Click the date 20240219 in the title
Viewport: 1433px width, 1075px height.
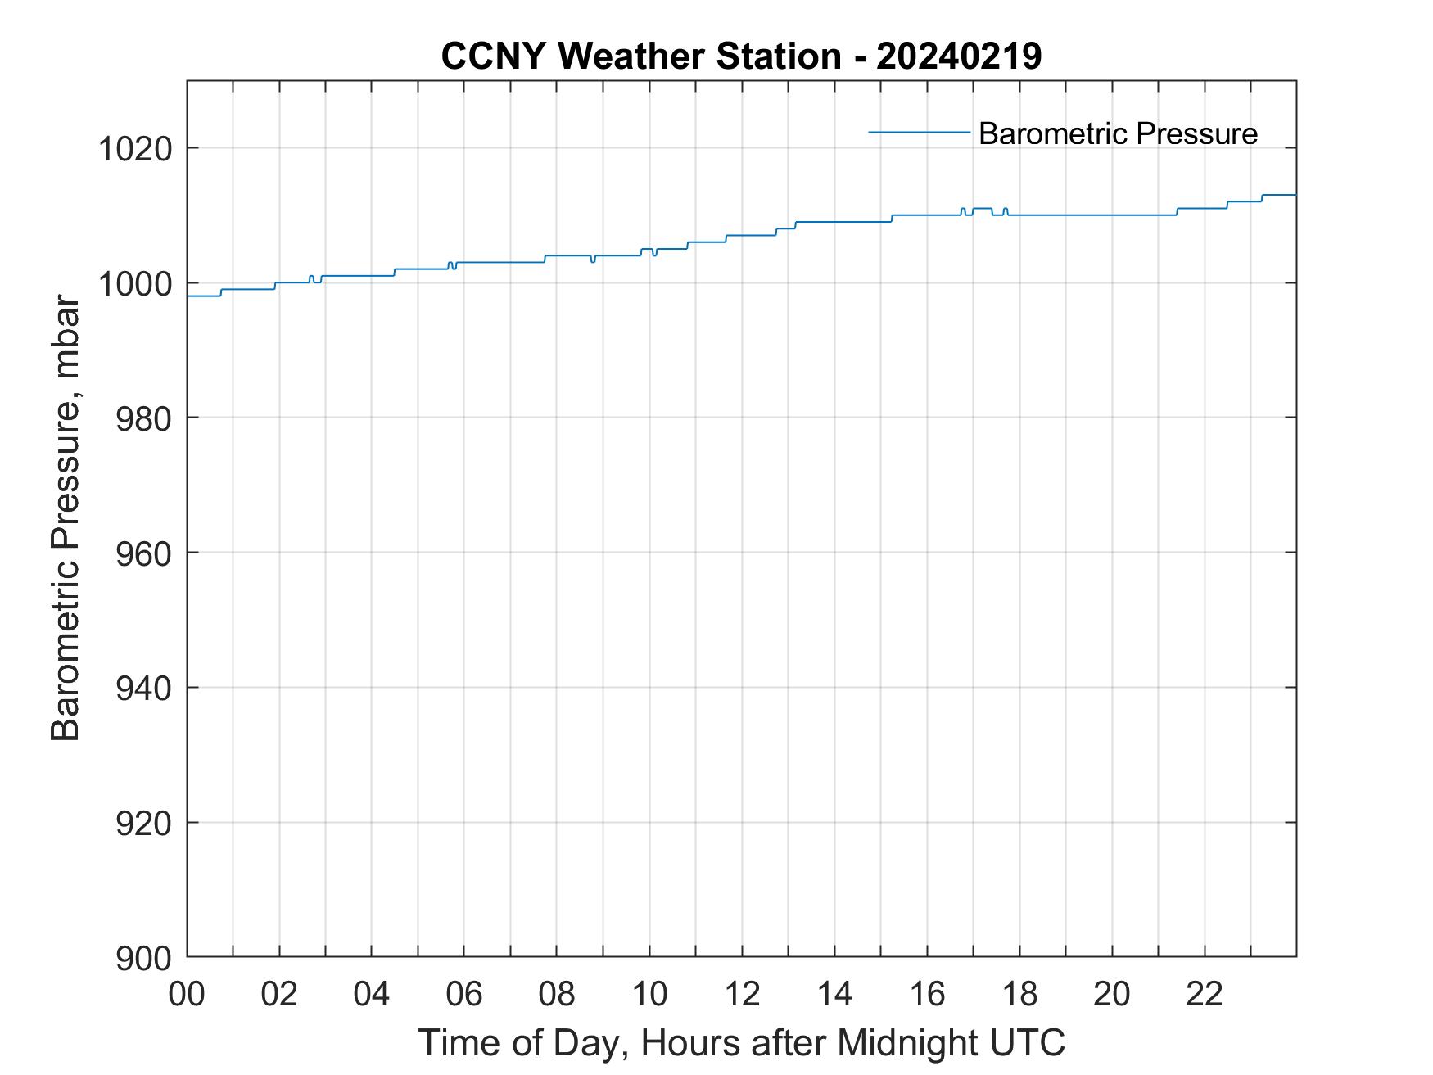pos(959,56)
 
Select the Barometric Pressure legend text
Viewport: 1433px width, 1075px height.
pos(1118,133)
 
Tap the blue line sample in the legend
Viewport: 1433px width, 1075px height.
pos(919,132)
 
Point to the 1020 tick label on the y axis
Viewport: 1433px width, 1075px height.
pos(135,149)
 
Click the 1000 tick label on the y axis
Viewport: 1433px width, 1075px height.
pos(135,284)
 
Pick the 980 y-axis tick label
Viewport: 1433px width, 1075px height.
pos(143,418)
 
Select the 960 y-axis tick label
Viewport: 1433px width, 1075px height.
pos(143,553)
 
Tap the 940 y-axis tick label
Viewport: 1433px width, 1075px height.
pos(143,688)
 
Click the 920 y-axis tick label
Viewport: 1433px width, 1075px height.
pos(143,823)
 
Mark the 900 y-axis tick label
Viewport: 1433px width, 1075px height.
pos(143,958)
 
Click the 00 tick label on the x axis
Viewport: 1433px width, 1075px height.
pos(187,994)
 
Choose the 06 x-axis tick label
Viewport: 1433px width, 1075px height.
pos(464,994)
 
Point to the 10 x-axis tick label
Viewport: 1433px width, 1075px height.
pos(649,994)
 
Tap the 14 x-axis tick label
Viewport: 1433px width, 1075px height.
pos(834,994)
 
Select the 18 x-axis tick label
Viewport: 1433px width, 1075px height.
pos(1019,994)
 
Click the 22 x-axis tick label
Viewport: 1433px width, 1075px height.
pos(1205,994)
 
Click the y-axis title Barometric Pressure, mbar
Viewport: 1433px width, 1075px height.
pos(66,519)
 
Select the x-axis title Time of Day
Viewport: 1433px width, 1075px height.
pos(523,1043)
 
